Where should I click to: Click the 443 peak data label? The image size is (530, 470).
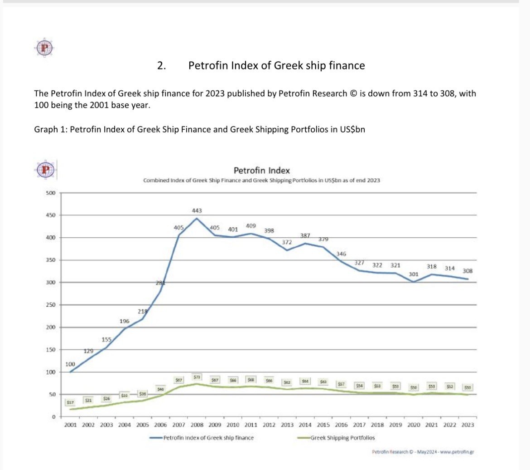(197, 211)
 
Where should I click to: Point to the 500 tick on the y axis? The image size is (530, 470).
(50, 193)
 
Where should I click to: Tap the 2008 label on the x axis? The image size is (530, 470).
(197, 425)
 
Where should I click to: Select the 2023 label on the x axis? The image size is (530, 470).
(467, 425)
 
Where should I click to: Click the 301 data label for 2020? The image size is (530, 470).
(413, 274)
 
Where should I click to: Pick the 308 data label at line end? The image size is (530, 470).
(467, 271)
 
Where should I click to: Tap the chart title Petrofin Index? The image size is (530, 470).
(261, 171)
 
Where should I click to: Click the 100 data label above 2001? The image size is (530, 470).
(70, 364)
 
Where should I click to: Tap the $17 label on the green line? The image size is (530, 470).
(70, 402)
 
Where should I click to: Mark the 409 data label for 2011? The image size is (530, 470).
(251, 225)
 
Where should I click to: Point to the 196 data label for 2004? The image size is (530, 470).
(125, 321)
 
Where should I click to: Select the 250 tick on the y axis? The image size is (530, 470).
(50, 305)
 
